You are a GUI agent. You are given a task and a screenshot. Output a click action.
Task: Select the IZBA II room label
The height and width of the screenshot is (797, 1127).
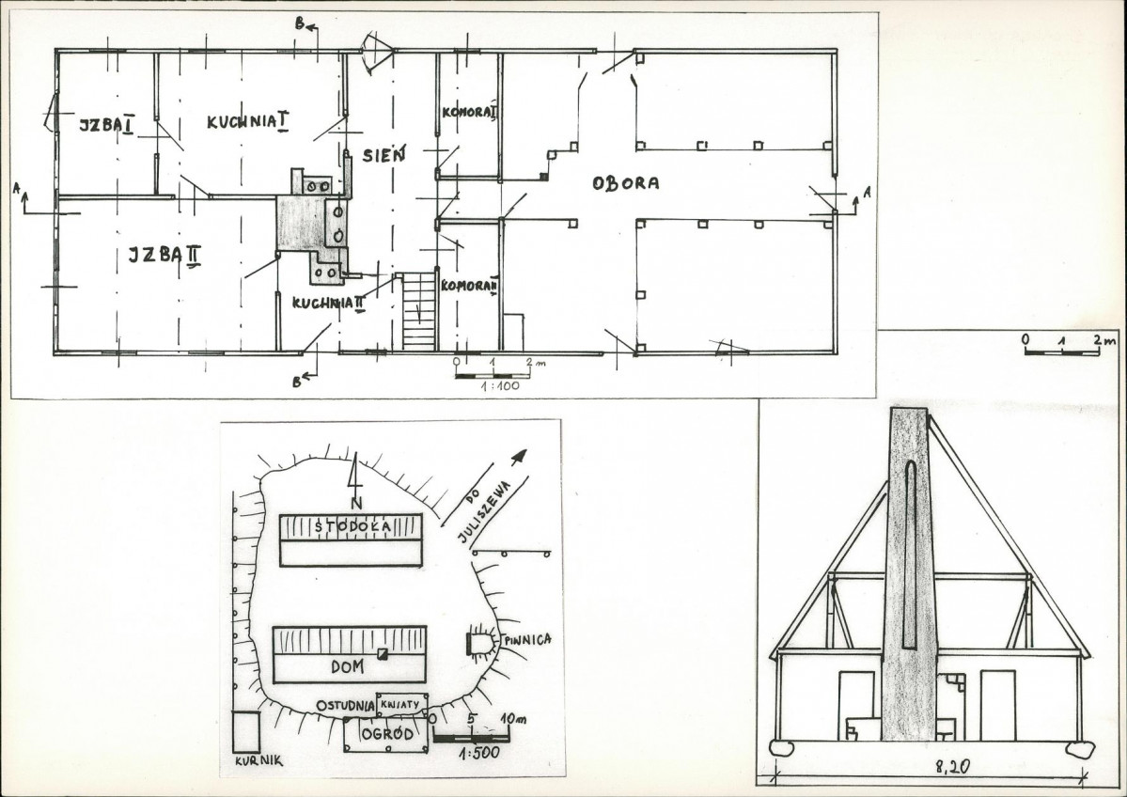coord(164,255)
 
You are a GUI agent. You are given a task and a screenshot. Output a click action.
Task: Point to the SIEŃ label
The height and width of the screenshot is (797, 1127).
coord(383,154)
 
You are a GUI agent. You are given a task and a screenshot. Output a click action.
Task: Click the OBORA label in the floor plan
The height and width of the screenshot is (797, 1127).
coord(625,183)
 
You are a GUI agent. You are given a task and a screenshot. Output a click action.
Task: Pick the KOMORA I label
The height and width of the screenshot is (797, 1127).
coord(469,113)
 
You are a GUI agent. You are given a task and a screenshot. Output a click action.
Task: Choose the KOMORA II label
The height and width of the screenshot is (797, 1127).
coord(469,286)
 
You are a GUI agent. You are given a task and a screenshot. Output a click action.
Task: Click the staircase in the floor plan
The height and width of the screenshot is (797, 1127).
coord(420,310)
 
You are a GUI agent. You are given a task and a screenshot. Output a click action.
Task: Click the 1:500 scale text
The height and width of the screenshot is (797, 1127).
coord(478,753)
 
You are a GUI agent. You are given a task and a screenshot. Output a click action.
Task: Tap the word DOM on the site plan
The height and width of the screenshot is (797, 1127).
coord(347,666)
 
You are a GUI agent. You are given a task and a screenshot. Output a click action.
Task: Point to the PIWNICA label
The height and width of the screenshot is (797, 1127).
coord(527,639)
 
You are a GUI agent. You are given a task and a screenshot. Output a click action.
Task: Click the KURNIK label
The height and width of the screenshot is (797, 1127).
coord(258,761)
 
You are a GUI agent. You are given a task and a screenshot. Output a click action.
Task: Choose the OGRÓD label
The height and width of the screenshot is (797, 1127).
coord(387,734)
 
